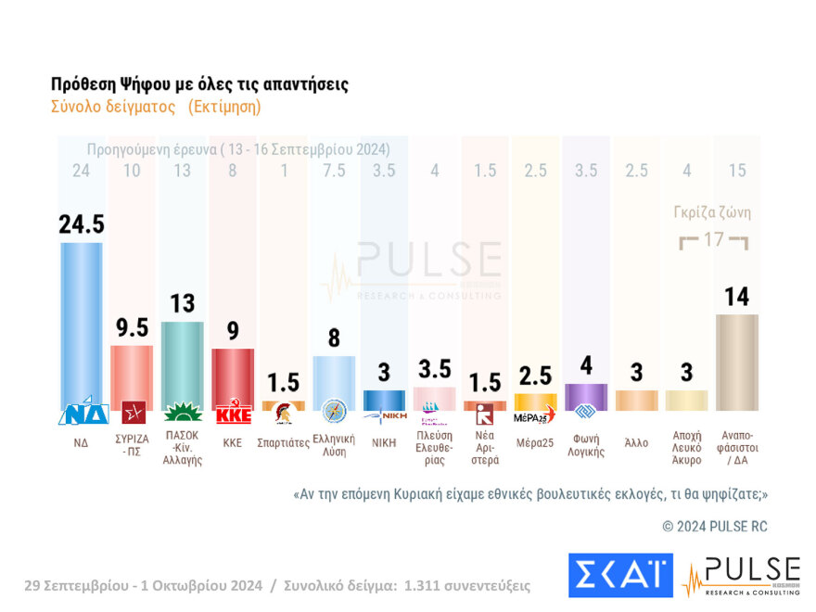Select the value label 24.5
[81, 225]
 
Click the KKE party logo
[233, 414]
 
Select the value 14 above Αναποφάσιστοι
[736, 297]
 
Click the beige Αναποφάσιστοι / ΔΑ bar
[736, 362]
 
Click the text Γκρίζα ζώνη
[712, 212]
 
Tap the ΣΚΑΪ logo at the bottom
[619, 575]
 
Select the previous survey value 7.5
[333, 171]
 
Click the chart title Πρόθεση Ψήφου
[199, 84]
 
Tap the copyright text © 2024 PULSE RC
[714, 526]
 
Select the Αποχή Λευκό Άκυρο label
[686, 449]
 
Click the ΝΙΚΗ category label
[384, 443]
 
